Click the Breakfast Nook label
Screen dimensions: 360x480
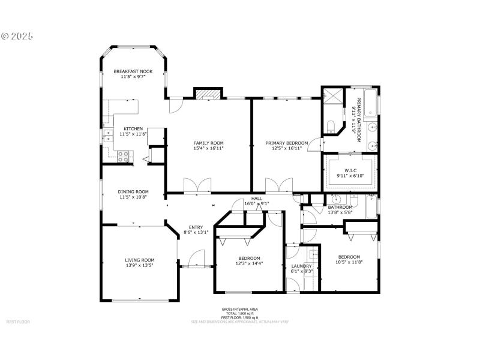tap(133, 71)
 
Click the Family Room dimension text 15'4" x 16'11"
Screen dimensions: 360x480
tap(208, 148)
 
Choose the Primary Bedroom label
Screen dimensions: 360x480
tap(287, 143)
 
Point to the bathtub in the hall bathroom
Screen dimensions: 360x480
tap(372, 206)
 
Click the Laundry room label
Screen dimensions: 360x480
tap(301, 266)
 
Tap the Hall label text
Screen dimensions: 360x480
tap(256, 198)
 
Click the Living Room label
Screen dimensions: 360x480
tap(139, 260)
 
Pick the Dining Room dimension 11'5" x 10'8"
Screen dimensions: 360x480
tap(133, 197)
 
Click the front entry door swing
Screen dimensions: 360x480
tap(195, 259)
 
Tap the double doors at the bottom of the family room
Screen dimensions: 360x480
tap(197, 186)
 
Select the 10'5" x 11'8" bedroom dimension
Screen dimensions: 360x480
tap(349, 262)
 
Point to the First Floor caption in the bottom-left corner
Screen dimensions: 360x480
tap(18, 322)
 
